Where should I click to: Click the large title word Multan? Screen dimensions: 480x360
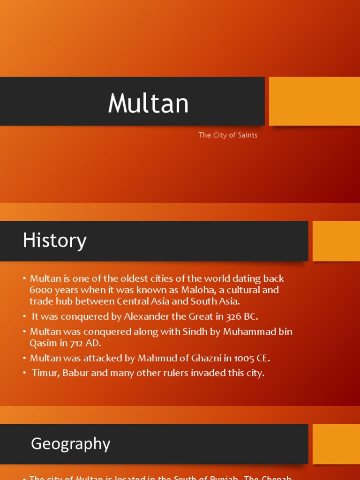(x=148, y=104)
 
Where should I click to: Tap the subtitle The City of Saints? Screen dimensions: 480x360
(x=228, y=135)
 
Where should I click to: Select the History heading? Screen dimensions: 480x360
(x=55, y=241)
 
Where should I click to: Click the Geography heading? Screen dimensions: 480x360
(x=70, y=443)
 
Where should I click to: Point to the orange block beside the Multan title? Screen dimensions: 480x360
(x=314, y=101)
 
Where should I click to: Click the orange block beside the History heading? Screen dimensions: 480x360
(x=336, y=241)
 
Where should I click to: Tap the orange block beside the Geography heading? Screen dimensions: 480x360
(x=336, y=444)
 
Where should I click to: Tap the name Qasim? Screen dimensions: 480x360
(x=43, y=343)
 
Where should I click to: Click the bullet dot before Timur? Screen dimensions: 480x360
(x=24, y=374)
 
